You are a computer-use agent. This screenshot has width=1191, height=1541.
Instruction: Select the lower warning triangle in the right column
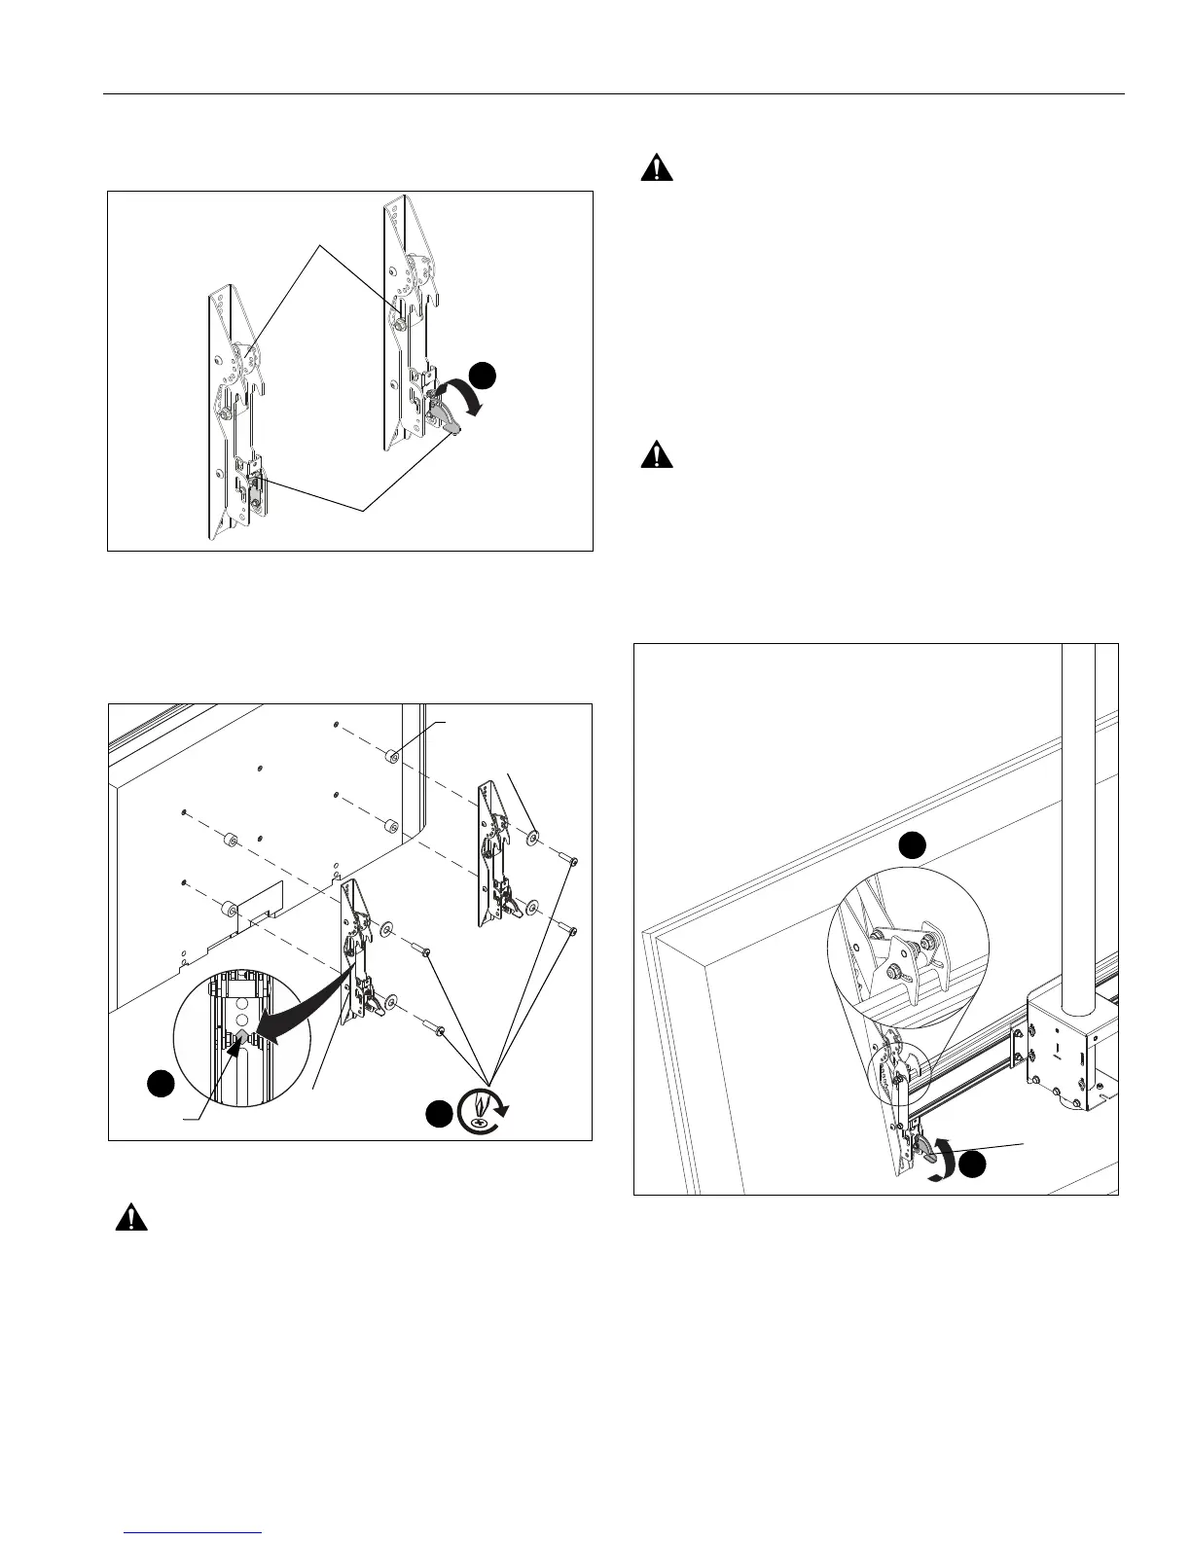[x=658, y=455]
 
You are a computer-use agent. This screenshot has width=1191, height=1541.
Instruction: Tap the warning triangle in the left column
[x=131, y=1218]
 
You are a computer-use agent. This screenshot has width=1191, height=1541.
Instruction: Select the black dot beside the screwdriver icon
[x=439, y=1115]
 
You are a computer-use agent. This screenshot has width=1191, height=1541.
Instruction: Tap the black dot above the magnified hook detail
[x=911, y=845]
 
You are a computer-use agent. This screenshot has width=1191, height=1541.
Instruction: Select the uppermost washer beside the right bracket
[x=533, y=837]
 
